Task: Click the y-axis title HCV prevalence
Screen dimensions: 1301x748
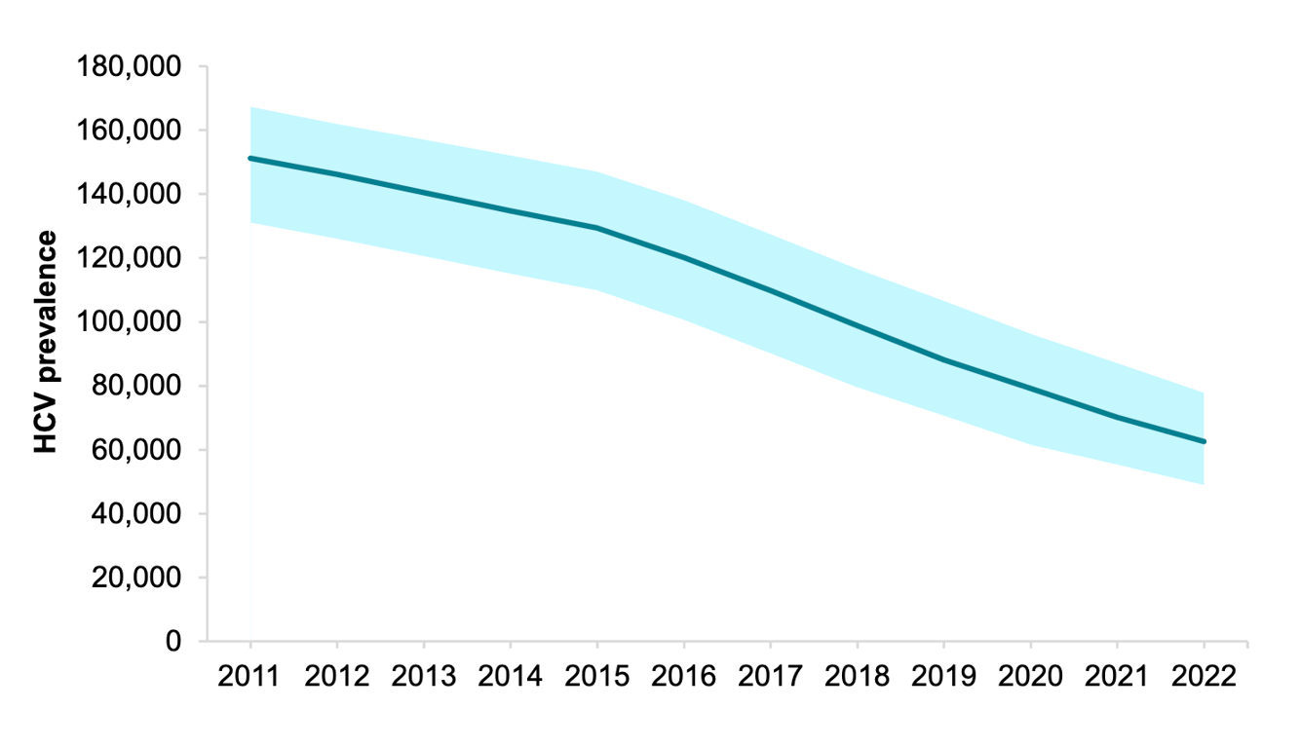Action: click(46, 343)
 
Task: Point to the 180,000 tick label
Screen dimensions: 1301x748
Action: click(129, 67)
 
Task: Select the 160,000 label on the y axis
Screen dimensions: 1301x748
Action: click(129, 131)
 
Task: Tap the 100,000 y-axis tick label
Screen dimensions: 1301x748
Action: click(129, 322)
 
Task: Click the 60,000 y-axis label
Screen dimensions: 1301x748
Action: click(136, 450)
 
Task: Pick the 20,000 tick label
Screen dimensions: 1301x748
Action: click(136, 578)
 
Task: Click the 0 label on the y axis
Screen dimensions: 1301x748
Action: click(173, 641)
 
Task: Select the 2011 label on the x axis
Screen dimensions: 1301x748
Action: click(249, 677)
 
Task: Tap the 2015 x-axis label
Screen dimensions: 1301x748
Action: click(597, 677)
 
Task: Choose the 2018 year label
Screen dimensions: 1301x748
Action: click(858, 677)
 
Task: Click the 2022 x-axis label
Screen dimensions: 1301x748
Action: click(1204, 677)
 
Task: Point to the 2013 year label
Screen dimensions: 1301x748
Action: click(423, 677)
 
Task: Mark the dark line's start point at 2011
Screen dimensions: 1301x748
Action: click(250, 158)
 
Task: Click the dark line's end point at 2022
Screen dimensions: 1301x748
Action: click(1204, 441)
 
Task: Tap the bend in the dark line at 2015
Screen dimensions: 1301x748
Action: click(597, 228)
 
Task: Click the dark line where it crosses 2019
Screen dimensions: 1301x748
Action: click(943, 360)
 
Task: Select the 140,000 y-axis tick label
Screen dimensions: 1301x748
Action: click(129, 195)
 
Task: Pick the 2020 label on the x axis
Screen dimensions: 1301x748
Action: click(1030, 677)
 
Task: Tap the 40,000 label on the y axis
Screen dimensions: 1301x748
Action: click(136, 513)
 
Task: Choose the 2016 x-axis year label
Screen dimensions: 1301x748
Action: click(683, 677)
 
